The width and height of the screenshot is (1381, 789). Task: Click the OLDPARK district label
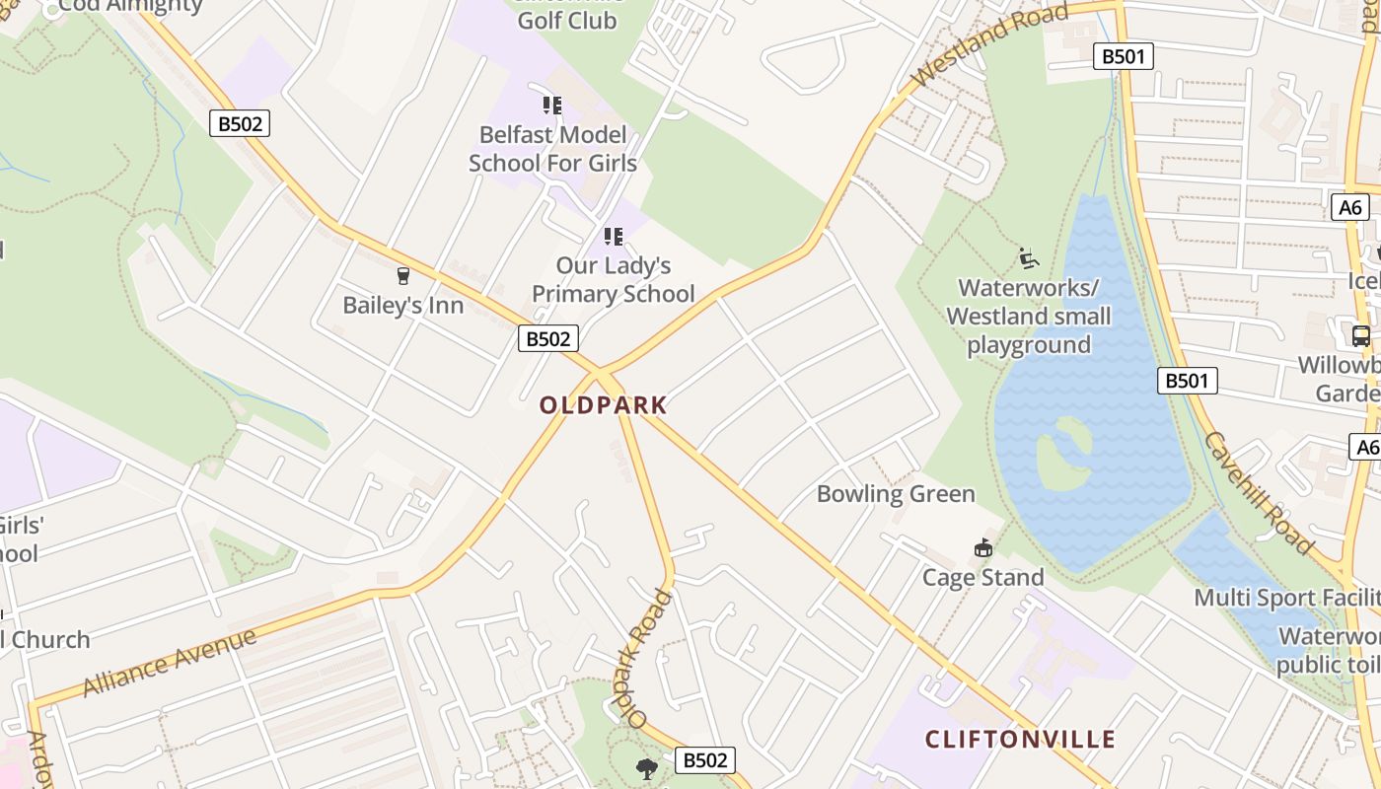pos(603,405)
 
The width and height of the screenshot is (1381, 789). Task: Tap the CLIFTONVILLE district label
pos(1020,740)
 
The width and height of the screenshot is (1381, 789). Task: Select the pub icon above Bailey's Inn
pos(402,276)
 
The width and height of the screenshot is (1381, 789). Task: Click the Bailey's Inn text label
pos(402,306)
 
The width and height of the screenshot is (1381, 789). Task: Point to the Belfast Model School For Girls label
pos(552,148)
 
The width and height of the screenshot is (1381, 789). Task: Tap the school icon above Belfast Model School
pos(552,105)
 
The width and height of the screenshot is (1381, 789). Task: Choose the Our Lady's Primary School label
pos(613,280)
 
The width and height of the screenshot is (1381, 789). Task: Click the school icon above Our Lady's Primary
pos(614,237)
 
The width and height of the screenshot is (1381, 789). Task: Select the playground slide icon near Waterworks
pos(1029,258)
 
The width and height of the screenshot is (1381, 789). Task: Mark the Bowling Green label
pos(896,494)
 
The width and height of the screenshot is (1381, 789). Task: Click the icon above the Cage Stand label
pos(982,547)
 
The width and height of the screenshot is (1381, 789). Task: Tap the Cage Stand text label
pos(982,577)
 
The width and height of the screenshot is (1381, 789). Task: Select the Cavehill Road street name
pos(1259,493)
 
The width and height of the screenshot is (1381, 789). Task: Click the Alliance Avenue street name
pos(170,661)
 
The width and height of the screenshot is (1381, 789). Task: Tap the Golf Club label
pos(567,19)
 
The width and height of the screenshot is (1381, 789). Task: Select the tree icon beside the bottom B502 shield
pos(647,767)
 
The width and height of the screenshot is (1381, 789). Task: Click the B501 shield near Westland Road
pos(1124,56)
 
